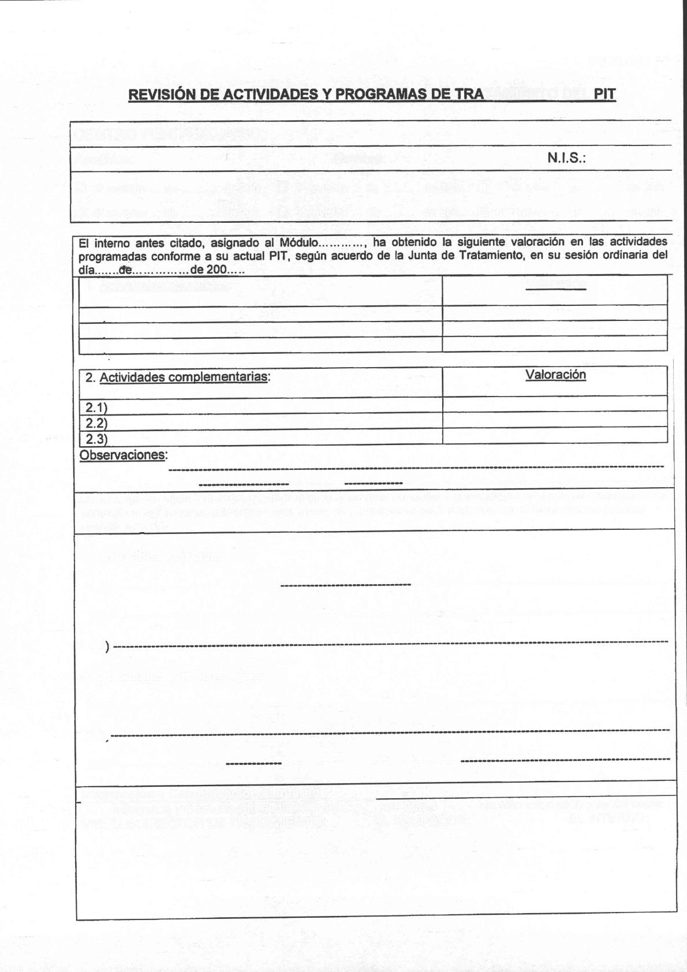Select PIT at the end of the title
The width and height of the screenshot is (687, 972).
coord(605,95)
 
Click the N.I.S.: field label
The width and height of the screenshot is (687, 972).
coord(566,158)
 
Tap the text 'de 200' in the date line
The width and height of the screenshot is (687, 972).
coord(212,270)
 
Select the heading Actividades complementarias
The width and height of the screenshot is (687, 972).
coord(184,377)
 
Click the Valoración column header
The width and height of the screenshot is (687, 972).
coord(555,375)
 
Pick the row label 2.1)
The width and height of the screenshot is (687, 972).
coord(96,408)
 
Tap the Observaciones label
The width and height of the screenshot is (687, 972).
coord(122,455)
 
